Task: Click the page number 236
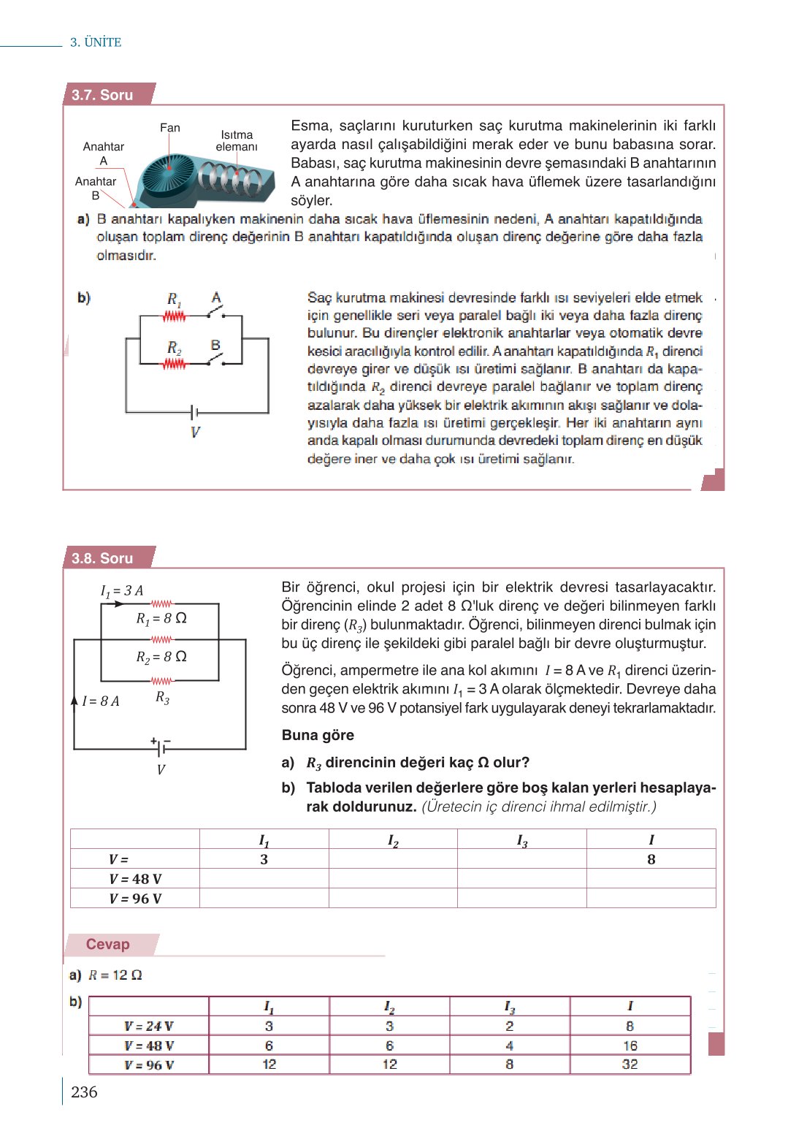click(84, 1092)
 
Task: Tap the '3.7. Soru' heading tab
click(103, 95)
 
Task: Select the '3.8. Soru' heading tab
click(103, 558)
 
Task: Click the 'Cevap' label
click(108, 944)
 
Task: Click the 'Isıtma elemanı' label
click(237, 140)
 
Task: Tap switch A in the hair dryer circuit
click(215, 313)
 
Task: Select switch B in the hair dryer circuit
click(215, 359)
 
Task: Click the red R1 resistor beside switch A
click(174, 316)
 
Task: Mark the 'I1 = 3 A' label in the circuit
click(122, 590)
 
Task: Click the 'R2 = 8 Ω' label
click(161, 657)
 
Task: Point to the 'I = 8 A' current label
click(101, 701)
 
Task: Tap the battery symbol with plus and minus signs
click(161, 746)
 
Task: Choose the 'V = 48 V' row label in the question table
click(135, 879)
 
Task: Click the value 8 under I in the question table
click(651, 859)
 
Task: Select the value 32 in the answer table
click(630, 1064)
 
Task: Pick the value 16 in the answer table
click(630, 1045)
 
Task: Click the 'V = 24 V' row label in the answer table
click(149, 1026)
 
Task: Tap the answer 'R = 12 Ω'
click(115, 975)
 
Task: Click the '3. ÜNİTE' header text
click(96, 42)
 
